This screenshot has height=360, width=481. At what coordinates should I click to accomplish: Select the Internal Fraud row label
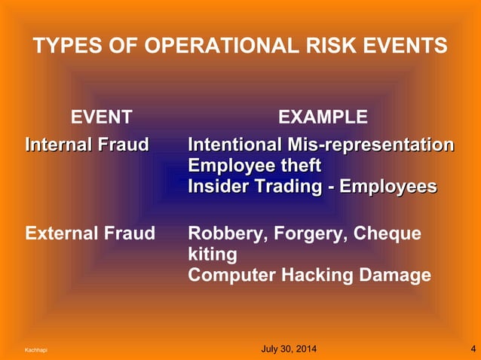[87, 145]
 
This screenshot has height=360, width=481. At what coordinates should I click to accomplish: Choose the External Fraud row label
[90, 233]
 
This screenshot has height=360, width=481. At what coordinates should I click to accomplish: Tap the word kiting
[212, 255]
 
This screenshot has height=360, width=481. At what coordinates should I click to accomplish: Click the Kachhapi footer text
[36, 350]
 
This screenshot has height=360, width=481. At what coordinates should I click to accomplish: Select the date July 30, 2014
[289, 349]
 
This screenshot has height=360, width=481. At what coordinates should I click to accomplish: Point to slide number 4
[472, 349]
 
